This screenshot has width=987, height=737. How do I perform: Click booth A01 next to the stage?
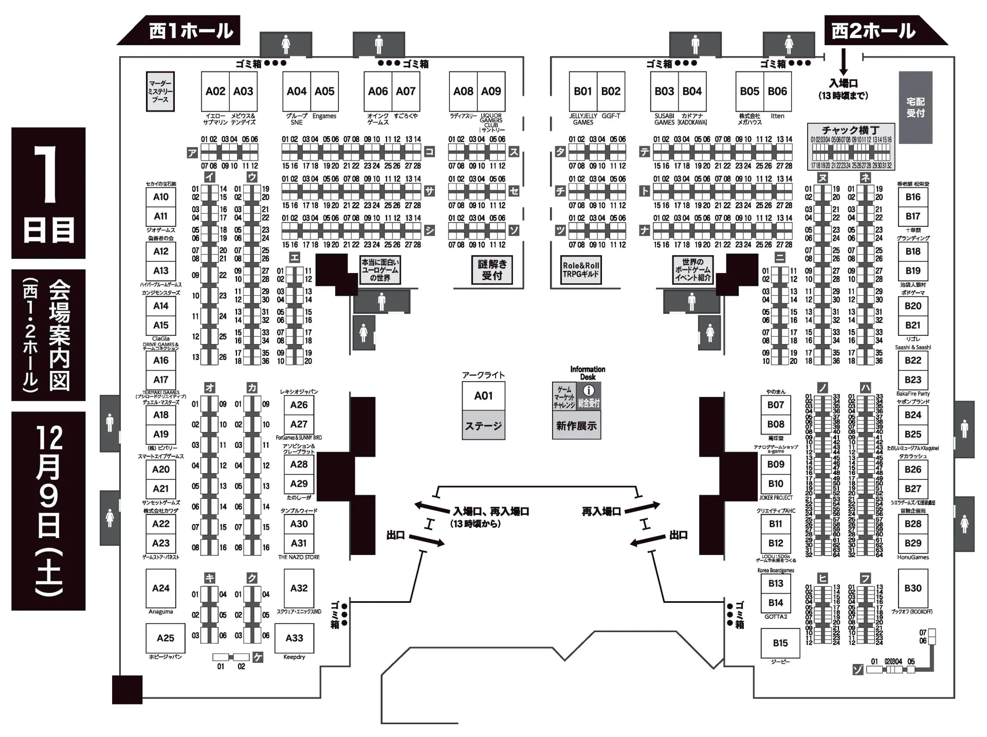coord(483,396)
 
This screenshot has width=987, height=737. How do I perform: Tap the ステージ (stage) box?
coord(483,425)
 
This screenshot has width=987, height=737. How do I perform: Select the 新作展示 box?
coord(576,425)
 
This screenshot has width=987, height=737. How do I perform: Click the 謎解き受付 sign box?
coord(492,269)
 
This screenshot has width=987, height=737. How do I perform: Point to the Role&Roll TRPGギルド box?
coord(581,269)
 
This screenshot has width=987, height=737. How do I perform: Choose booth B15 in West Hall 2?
coord(780,643)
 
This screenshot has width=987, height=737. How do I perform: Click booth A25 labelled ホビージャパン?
coord(165,638)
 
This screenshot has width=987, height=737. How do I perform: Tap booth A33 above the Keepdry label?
coord(294,638)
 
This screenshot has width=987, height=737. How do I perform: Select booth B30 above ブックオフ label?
coord(912,588)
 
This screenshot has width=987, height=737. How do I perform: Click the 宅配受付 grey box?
coord(915,107)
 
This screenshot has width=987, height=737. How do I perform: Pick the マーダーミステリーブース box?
coord(160,91)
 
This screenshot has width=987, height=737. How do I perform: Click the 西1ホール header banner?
coord(190,31)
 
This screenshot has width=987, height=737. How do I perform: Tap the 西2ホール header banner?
coord(874,31)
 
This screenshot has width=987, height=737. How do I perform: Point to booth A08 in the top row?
coord(463,91)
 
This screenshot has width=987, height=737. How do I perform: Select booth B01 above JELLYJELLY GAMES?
coord(582,91)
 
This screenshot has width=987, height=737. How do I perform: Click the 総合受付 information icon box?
coord(589,396)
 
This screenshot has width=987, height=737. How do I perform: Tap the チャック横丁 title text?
coord(850,130)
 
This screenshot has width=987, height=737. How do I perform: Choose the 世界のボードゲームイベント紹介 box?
coord(693,269)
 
